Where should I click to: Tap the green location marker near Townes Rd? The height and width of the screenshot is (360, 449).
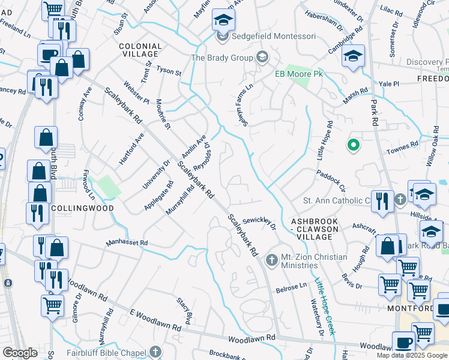pos(354,145)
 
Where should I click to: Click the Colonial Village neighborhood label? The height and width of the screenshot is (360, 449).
pos(140,50)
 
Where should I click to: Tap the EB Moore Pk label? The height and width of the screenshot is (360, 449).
pos(299,74)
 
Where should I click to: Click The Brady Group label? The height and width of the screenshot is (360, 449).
pos(221,58)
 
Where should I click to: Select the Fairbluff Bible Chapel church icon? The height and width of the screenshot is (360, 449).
pos(155,351)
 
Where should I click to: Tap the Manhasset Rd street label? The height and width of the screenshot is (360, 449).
pos(127,243)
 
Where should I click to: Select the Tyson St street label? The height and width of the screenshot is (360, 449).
pos(169,71)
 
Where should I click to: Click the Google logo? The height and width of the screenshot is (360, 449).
pos(20,353)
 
